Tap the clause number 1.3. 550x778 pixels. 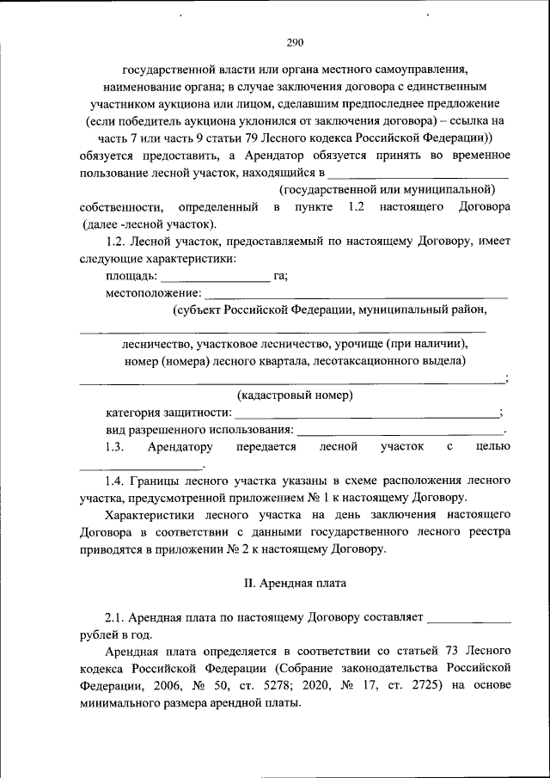click(x=115, y=447)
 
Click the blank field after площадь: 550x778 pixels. click(x=215, y=278)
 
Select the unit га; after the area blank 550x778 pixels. click(x=280, y=276)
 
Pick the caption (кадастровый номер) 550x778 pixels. click(x=295, y=395)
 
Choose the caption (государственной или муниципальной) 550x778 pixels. click(x=387, y=188)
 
